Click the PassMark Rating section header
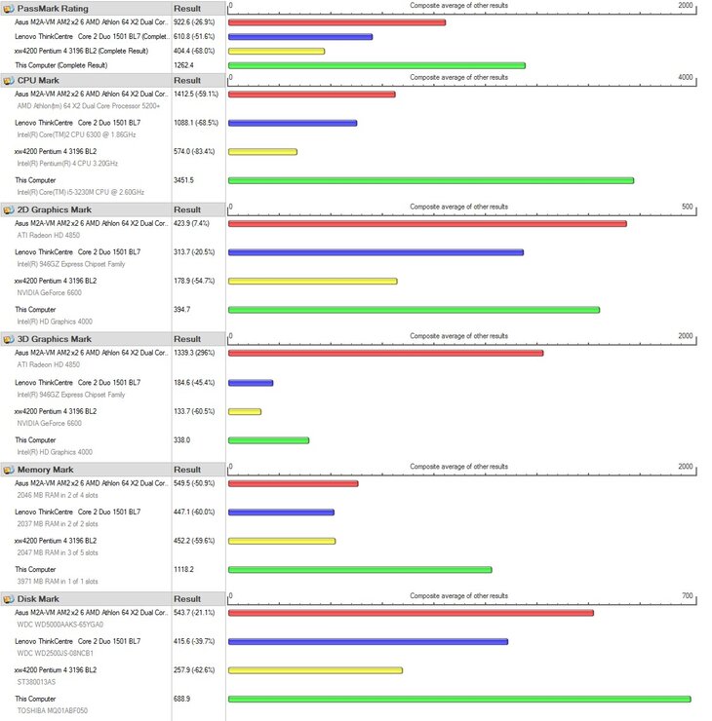[x=53, y=9]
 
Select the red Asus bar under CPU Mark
[x=311, y=95]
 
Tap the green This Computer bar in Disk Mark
[x=459, y=699]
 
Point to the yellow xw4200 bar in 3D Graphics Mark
[x=245, y=411]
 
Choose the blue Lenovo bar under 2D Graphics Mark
[x=376, y=252]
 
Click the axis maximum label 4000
[x=685, y=78]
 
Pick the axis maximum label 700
[x=687, y=596]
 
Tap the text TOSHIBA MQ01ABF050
[x=53, y=710]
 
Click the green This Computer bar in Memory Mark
[x=360, y=570]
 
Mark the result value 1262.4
[x=183, y=65]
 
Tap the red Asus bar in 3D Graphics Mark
[x=385, y=353]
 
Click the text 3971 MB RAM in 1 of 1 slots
[x=58, y=582]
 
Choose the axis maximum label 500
[x=687, y=207]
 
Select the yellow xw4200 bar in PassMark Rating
[x=276, y=51]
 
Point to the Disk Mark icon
[x=9, y=599]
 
